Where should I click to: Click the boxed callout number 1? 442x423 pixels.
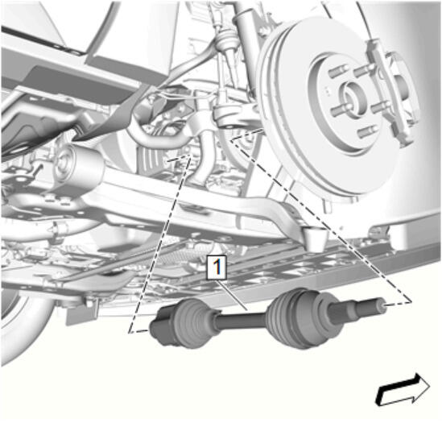pos(217,267)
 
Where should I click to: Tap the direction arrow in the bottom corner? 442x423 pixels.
pos(403,389)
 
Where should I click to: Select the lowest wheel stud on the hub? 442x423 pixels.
pos(367,131)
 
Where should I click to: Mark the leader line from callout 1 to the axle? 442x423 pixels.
pos(232,295)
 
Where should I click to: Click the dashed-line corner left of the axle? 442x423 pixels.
pos(129,333)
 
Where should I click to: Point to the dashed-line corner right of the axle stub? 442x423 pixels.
pos(411,302)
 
